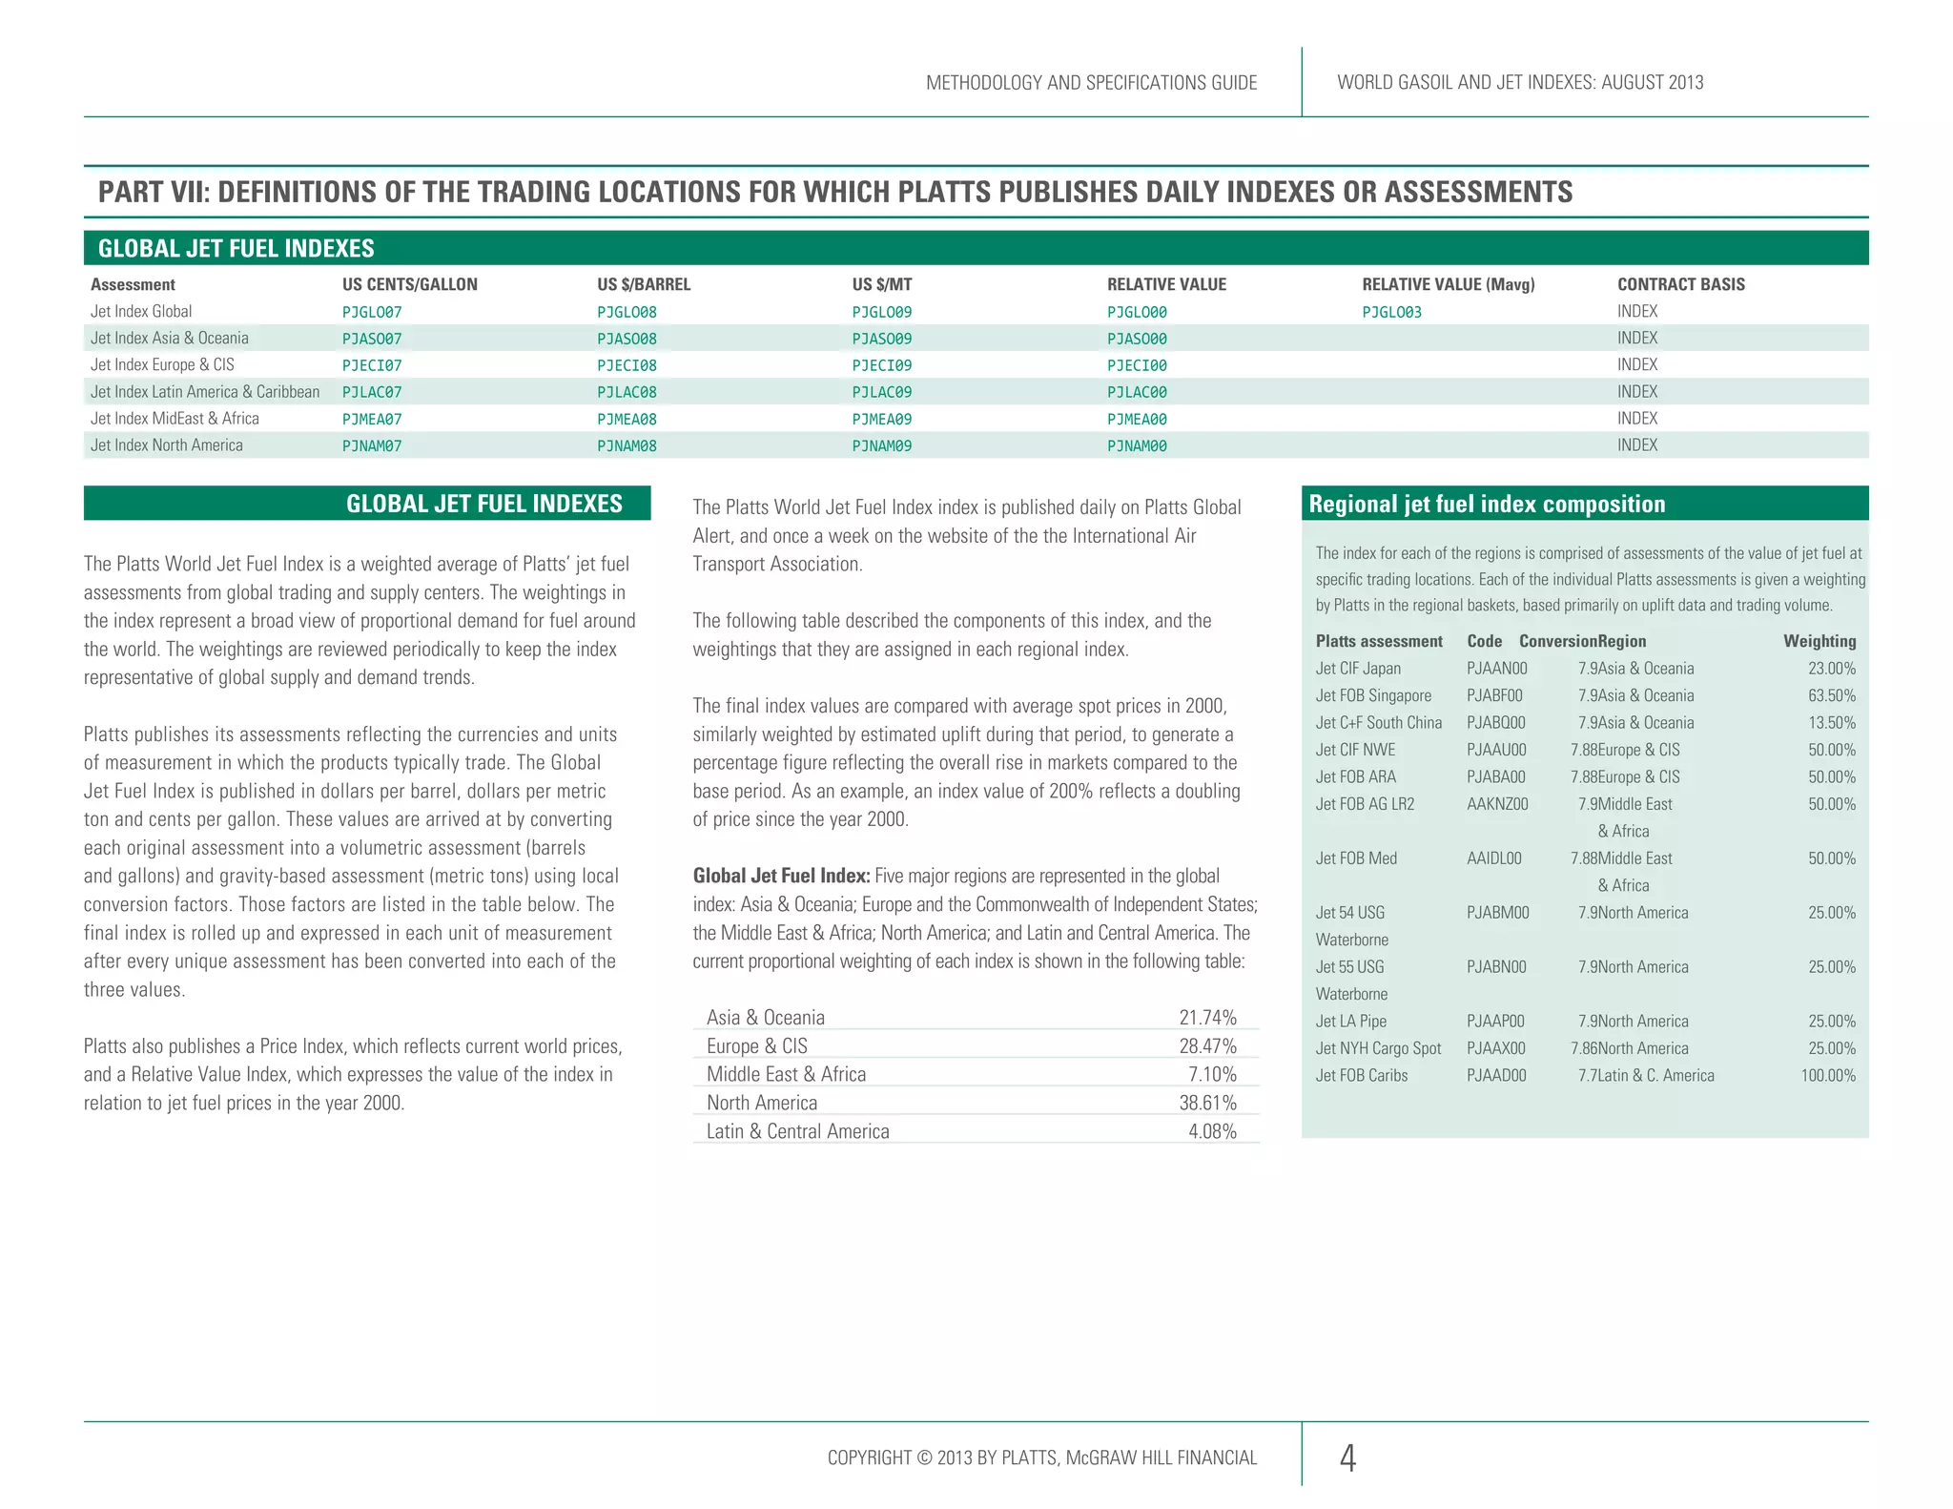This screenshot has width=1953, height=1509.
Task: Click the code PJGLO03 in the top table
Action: click(x=1391, y=312)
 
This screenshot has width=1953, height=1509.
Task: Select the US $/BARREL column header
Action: click(x=644, y=284)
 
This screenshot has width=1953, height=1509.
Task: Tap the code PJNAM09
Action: click(x=881, y=445)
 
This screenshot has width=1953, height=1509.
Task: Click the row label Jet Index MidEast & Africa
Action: click(x=175, y=419)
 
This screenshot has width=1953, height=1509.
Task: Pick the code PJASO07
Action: click(x=372, y=339)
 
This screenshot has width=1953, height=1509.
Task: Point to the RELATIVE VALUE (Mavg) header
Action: click(x=1448, y=284)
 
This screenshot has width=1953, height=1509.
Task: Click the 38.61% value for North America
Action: click(x=1207, y=1103)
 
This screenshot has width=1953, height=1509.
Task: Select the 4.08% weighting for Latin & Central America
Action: click(x=1212, y=1131)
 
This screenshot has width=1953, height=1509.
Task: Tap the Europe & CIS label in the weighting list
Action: click(x=756, y=1046)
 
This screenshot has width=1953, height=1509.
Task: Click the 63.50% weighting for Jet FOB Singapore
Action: click(x=1831, y=696)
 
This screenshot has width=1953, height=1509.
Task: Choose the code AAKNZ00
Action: click(x=1497, y=804)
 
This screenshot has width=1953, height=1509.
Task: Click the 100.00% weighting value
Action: click(x=1827, y=1076)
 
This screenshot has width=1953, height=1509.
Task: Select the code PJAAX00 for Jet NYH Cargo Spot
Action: click(x=1495, y=1048)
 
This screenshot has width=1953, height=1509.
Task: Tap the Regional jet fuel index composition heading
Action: click(x=1487, y=504)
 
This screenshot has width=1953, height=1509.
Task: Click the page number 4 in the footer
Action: click(x=1347, y=1457)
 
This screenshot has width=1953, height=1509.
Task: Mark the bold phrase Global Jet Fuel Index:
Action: click(x=781, y=876)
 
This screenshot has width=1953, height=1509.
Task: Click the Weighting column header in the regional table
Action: click(x=1819, y=641)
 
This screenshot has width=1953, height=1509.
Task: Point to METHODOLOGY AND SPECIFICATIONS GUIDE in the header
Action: click(x=1091, y=83)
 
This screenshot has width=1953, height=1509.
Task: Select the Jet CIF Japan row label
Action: click(x=1358, y=669)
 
